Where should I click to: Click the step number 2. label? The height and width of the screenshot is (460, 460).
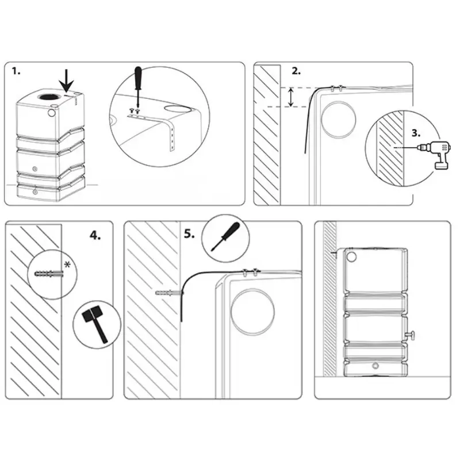pyautogui.click(x=296, y=71)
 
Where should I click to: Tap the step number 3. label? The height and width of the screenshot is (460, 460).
pyautogui.click(x=417, y=133)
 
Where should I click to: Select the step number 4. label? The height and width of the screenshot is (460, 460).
pyautogui.click(x=95, y=235)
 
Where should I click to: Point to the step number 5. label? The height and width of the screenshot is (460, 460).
pyautogui.click(x=189, y=234)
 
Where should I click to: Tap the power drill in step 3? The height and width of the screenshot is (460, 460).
pyautogui.click(x=437, y=152)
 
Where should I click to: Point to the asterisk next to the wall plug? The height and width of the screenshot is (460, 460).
pyautogui.click(x=68, y=264)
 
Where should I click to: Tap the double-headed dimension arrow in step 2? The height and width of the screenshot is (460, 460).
pyautogui.click(x=292, y=97)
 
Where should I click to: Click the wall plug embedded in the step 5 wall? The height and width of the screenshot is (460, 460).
pyautogui.click(x=168, y=293)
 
